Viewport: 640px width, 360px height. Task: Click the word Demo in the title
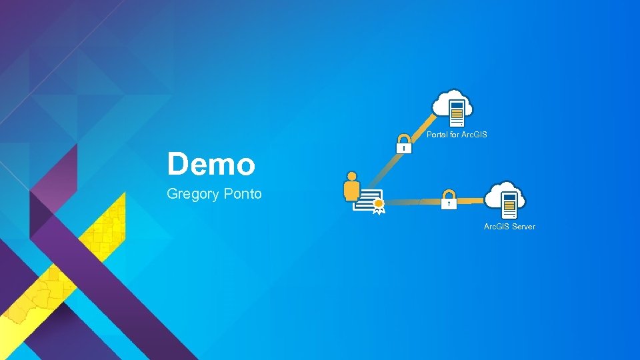click(211, 164)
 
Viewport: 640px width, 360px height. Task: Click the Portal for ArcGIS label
click(457, 135)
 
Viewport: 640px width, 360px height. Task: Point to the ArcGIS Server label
click(509, 227)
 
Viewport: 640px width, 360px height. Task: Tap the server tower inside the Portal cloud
click(457, 113)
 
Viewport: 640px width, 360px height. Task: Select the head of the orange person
click(351, 177)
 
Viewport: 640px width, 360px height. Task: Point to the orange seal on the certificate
click(379, 204)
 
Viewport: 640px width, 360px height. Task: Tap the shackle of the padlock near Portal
click(404, 139)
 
